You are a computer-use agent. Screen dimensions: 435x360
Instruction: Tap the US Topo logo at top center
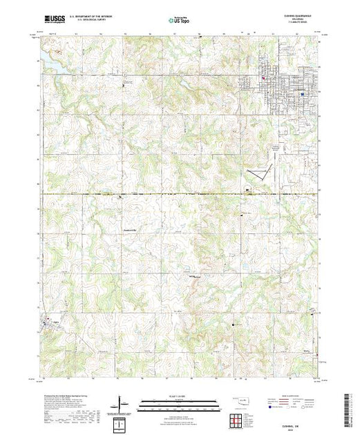pyautogui.click(x=180, y=21)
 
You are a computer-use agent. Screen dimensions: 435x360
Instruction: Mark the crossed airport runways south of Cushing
pyautogui.click(x=259, y=171)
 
